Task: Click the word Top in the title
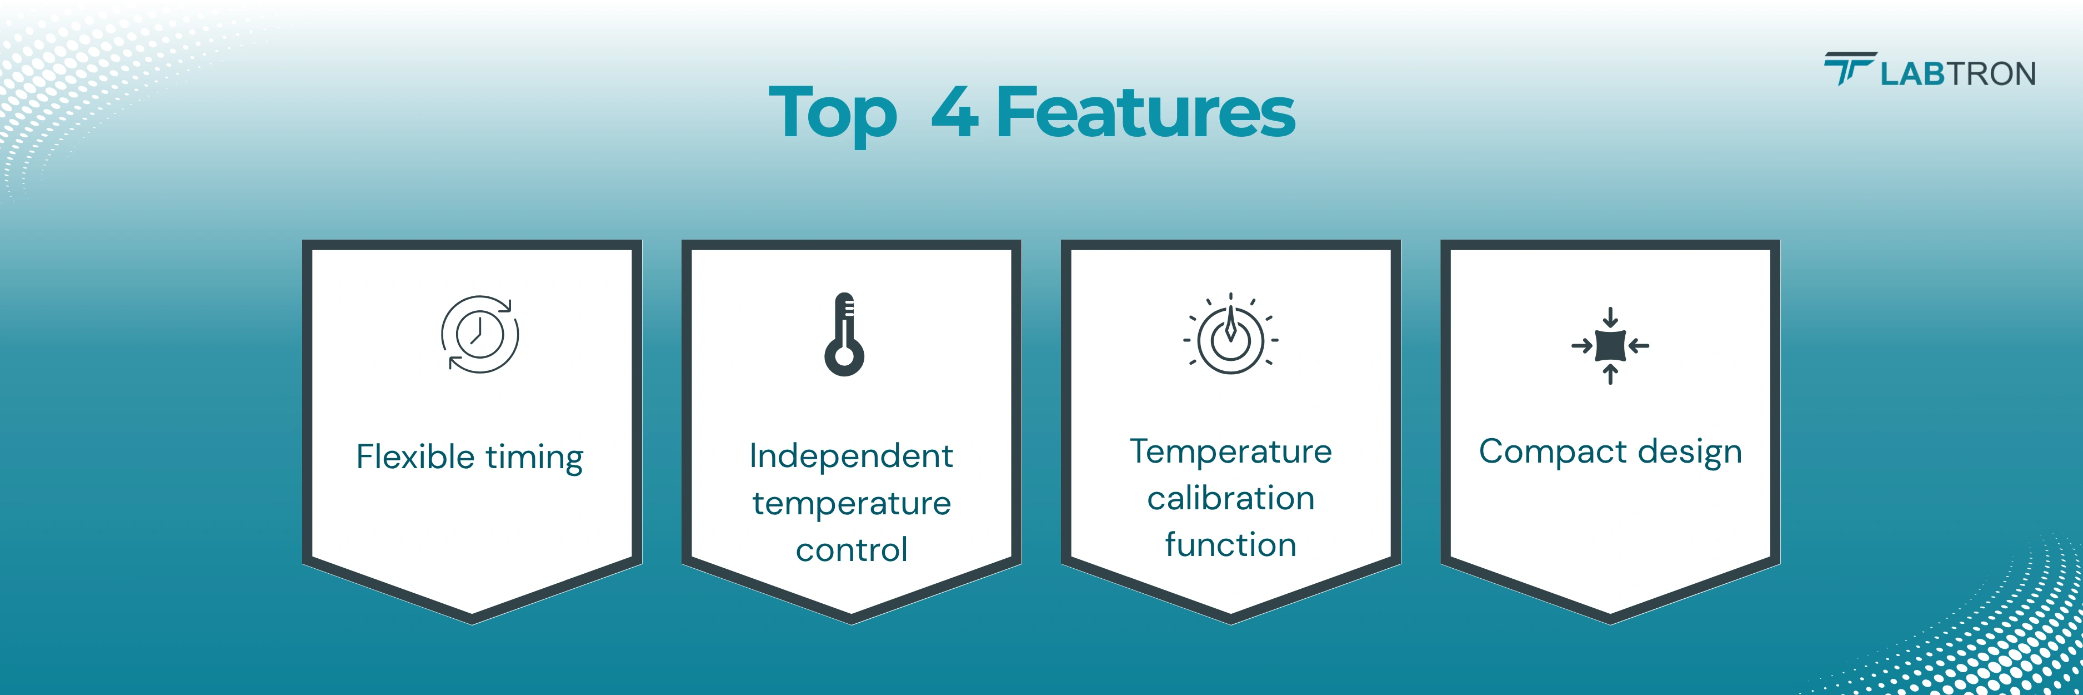point(832,113)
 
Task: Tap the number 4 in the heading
point(954,112)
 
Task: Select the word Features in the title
point(1144,112)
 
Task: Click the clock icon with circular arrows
point(479,334)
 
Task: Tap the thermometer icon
point(844,334)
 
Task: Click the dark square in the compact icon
point(1610,345)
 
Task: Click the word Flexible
point(415,456)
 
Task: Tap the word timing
point(534,458)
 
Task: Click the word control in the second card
point(852,550)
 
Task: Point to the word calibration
point(1231,498)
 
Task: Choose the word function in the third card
point(1231,545)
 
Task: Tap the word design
point(1696,452)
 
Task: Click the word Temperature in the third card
point(1231,451)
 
